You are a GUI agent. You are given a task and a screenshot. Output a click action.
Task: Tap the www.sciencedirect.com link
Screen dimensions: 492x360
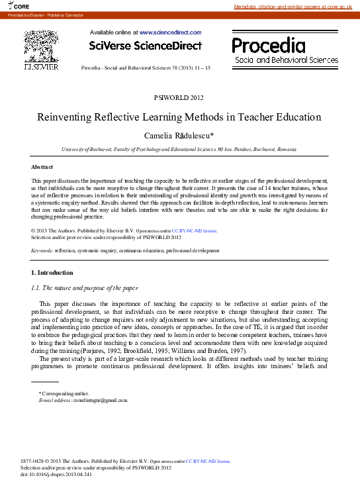pyautogui.click(x=170, y=32)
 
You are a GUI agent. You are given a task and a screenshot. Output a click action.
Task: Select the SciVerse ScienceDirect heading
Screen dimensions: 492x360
pyautogui.click(x=145, y=46)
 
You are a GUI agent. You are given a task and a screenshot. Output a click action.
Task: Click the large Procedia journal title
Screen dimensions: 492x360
pyautogui.click(x=269, y=46)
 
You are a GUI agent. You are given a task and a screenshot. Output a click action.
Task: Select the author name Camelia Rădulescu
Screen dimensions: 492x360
pyautogui.click(x=179, y=135)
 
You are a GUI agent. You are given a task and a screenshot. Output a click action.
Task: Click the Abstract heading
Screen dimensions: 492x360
pyautogui.click(x=42, y=167)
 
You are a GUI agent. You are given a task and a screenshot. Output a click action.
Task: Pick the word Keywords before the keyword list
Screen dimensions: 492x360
pyautogui.click(x=42, y=251)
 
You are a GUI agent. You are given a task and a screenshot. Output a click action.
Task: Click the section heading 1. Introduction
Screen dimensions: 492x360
pyautogui.click(x=52, y=273)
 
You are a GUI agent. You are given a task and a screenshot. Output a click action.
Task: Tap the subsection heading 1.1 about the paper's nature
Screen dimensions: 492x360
pyautogui.click(x=84, y=288)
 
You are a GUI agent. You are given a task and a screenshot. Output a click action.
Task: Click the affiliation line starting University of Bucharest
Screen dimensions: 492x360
pyautogui.click(x=179, y=150)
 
